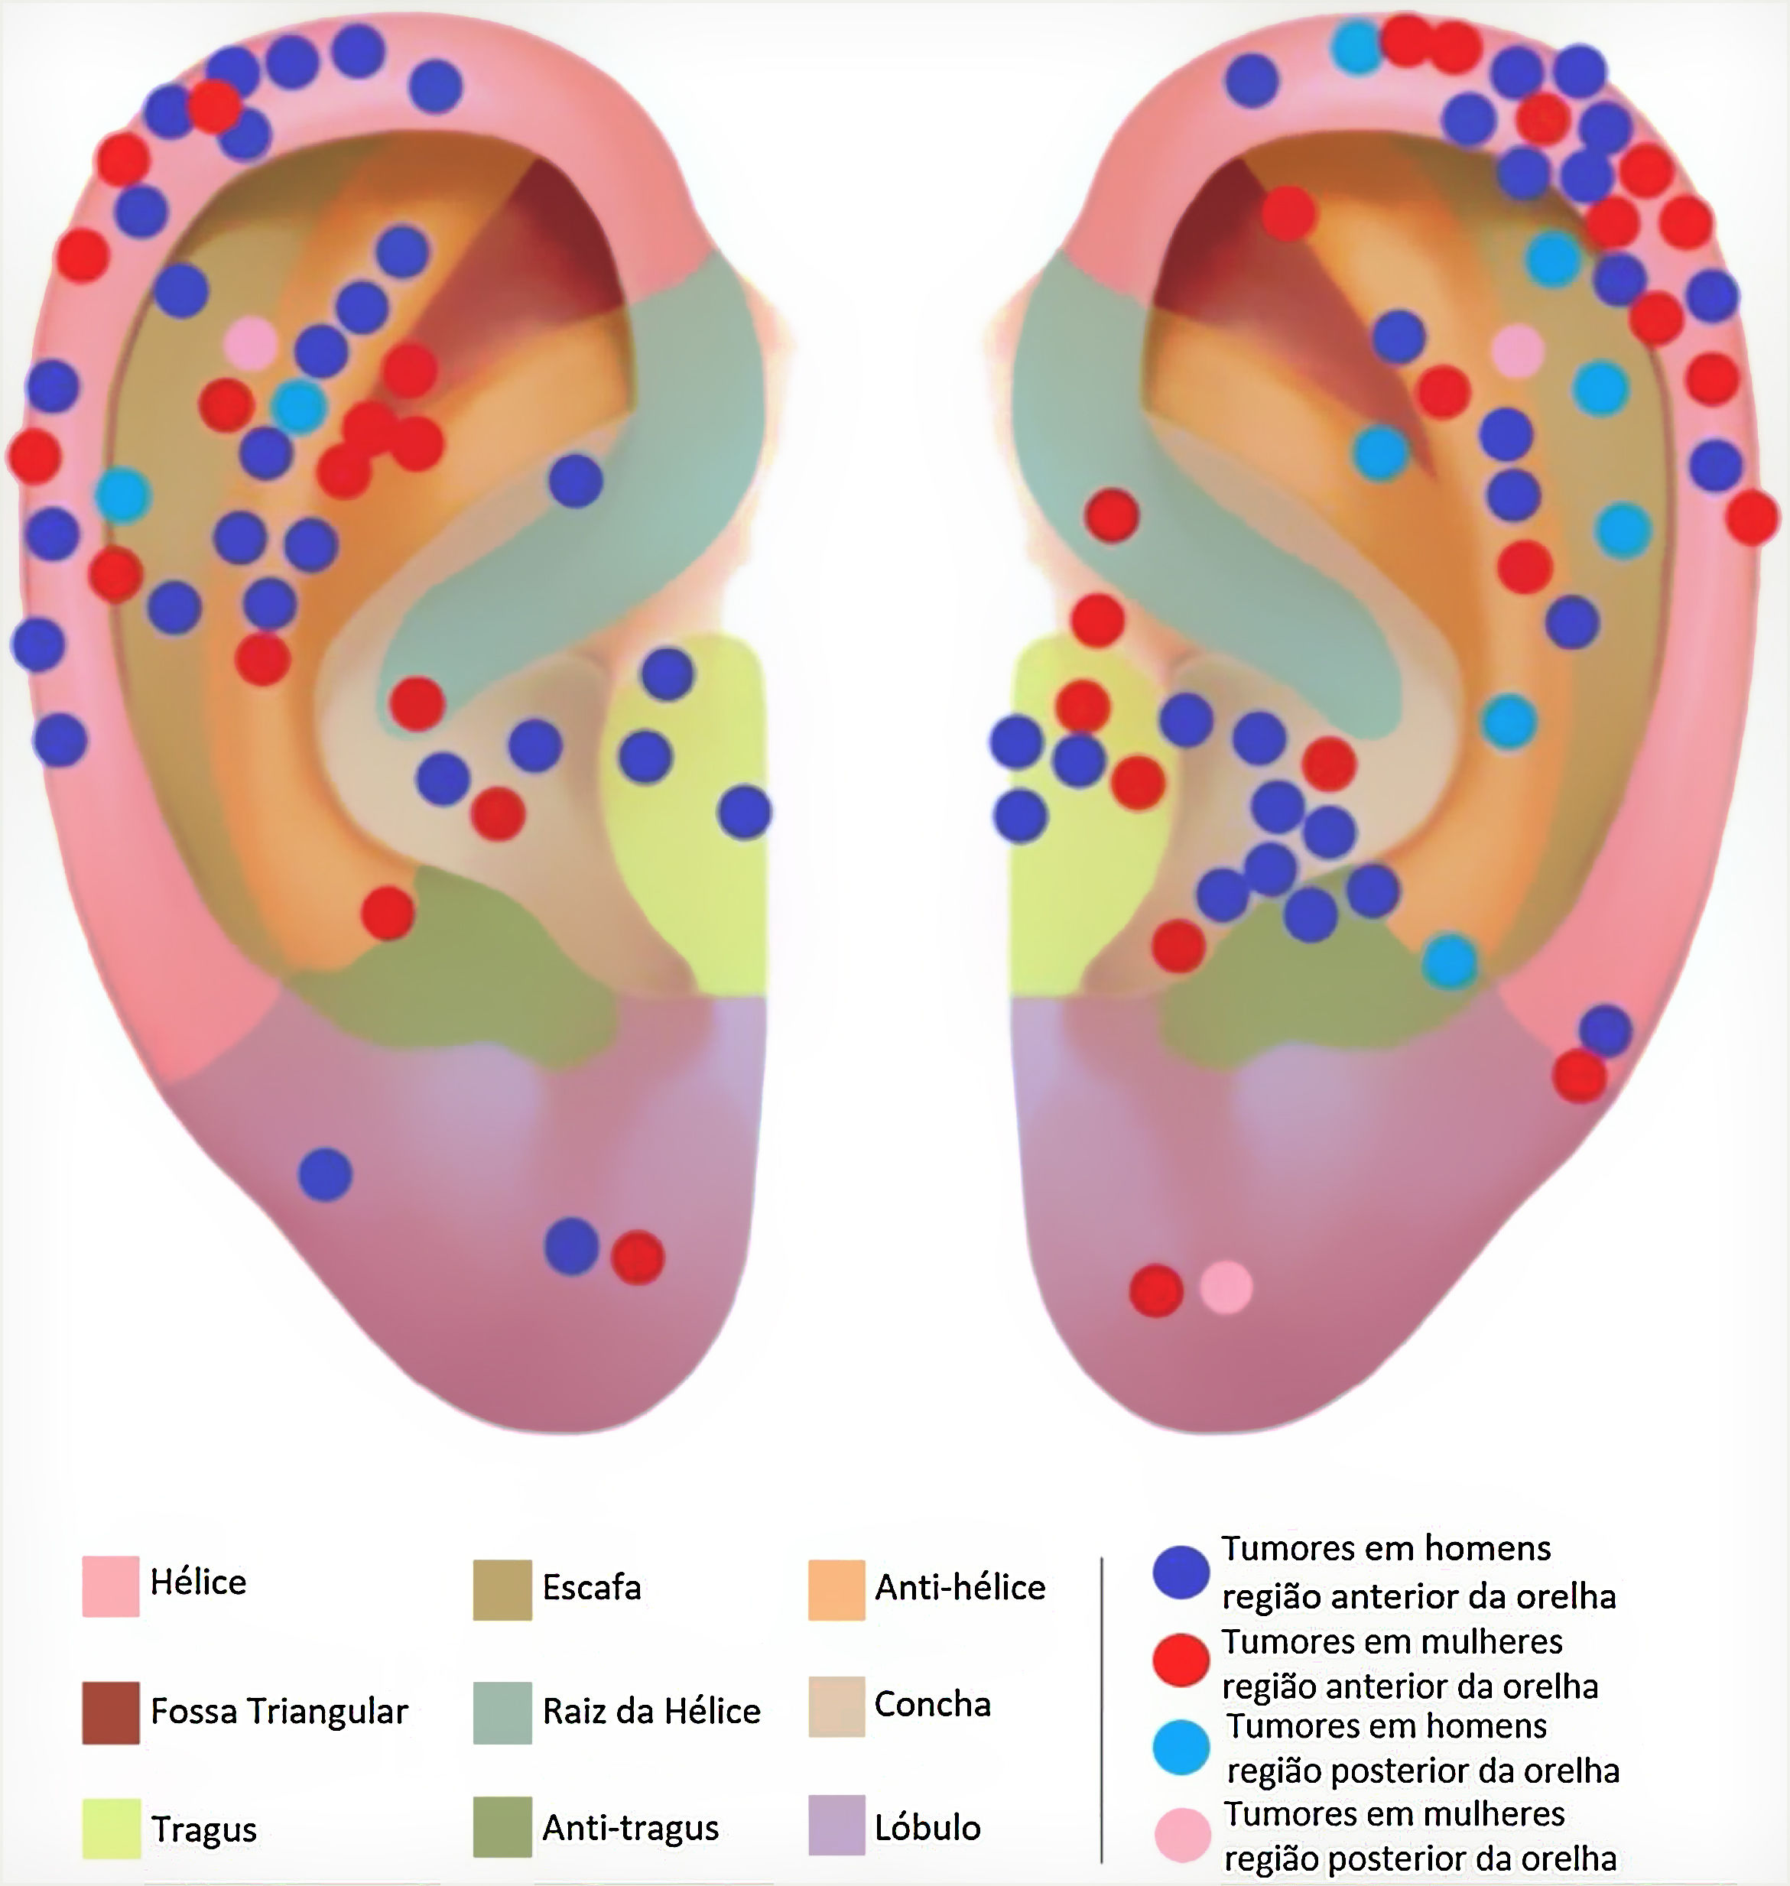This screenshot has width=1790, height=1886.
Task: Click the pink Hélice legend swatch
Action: coord(110,1586)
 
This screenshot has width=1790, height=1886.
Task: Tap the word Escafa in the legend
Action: coord(592,1587)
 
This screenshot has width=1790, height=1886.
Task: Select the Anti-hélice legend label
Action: coord(960,1587)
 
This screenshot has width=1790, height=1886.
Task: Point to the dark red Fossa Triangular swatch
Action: coord(110,1712)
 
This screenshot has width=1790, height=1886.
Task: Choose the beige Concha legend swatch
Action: coord(836,1706)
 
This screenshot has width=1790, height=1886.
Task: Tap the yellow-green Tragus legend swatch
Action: coord(110,1828)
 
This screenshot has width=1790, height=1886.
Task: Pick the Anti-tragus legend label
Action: coord(631,1828)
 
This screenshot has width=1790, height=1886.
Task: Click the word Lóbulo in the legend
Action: coord(927,1828)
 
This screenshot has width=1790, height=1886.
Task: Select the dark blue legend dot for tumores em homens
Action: coord(1181,1572)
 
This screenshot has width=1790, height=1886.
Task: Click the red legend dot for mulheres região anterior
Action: coord(1181,1660)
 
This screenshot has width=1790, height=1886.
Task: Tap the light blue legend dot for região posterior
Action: coord(1181,1747)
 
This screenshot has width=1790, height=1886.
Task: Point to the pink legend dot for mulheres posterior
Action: coord(1183,1833)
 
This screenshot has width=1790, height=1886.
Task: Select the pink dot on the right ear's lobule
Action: coord(1226,1287)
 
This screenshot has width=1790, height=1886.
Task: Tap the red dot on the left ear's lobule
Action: coord(638,1258)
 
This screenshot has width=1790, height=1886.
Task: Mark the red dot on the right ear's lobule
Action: coord(1156,1290)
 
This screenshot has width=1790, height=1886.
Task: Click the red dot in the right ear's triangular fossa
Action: coord(1289,214)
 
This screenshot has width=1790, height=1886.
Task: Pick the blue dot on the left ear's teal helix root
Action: coord(575,480)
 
